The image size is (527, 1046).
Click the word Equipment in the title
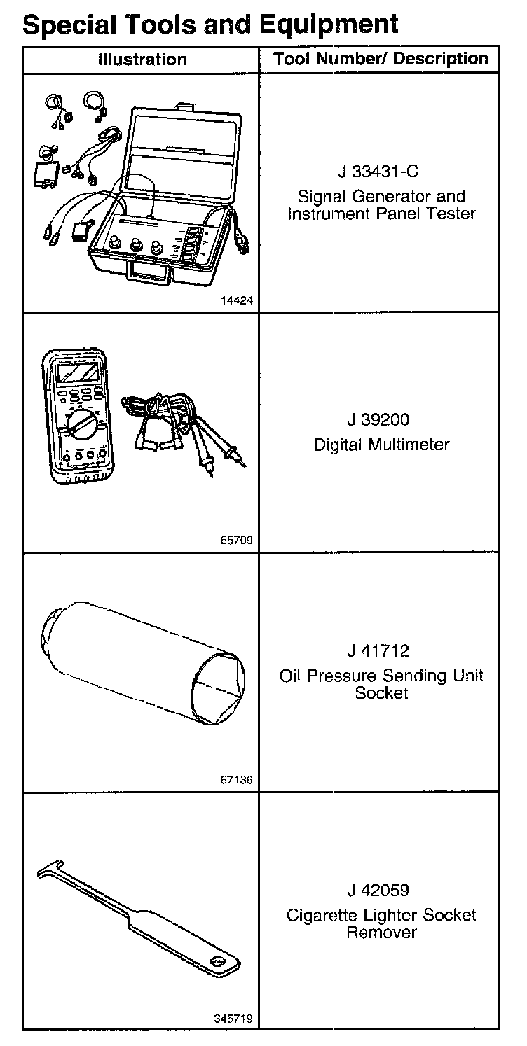(x=328, y=25)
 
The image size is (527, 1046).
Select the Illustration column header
(x=142, y=60)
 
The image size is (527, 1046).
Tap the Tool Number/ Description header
(x=381, y=58)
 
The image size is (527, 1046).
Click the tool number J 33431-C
(x=378, y=172)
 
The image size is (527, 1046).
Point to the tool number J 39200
(x=378, y=419)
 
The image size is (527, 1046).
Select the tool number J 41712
(x=378, y=650)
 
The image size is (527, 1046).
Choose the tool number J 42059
(x=378, y=890)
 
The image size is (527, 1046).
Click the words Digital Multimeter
(x=381, y=445)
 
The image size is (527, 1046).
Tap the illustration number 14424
(x=237, y=300)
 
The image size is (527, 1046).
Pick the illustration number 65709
(x=237, y=540)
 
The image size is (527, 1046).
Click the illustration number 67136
(x=237, y=779)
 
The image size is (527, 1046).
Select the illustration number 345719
(x=233, y=1019)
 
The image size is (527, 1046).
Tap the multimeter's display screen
(x=78, y=373)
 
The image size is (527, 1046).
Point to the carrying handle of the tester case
(x=151, y=273)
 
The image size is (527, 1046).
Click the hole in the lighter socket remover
(x=218, y=963)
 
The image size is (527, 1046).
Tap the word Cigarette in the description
(x=324, y=916)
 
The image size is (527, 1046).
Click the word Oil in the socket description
(x=290, y=676)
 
